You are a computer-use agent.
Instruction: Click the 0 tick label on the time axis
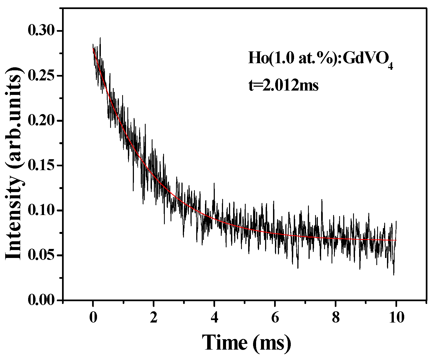(93, 318)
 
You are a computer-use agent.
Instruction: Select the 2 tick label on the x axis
(154, 318)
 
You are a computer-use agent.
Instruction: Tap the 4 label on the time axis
(214, 318)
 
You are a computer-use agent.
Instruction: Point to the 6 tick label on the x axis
(275, 318)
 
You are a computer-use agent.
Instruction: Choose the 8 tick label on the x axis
(336, 318)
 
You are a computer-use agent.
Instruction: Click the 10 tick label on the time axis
(396, 318)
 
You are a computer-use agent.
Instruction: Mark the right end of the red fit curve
(396, 240)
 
